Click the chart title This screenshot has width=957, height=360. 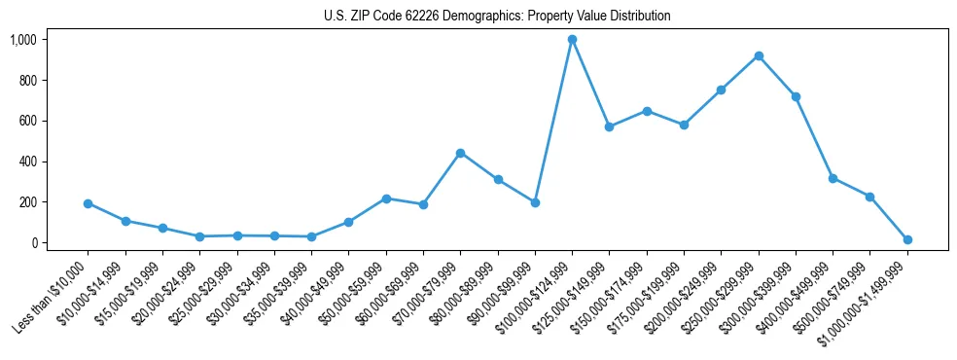pyautogui.click(x=497, y=16)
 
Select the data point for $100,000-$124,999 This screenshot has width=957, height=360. pyautogui.click(x=572, y=40)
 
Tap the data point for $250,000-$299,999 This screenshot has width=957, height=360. pyautogui.click(x=759, y=55)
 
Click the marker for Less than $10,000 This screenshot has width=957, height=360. pyautogui.click(x=88, y=203)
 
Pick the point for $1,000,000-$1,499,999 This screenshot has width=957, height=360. pyautogui.click(x=907, y=239)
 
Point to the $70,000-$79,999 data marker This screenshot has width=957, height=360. pyautogui.click(x=460, y=153)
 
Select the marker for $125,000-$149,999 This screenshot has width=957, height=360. pyautogui.click(x=609, y=126)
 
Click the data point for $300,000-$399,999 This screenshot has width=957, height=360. pyautogui.click(x=796, y=96)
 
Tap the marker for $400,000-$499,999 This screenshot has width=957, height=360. pyautogui.click(x=833, y=178)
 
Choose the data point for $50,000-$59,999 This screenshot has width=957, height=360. pyautogui.click(x=386, y=198)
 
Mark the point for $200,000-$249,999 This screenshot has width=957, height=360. pyautogui.click(x=721, y=90)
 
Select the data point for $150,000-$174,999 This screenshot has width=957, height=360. pyautogui.click(x=647, y=111)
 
